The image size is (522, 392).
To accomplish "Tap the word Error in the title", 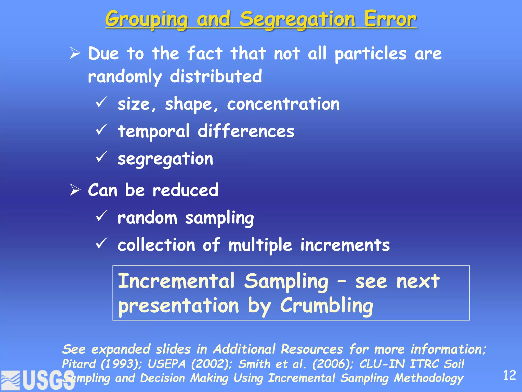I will tap(390, 19).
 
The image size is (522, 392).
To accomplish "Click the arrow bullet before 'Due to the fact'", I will tap(75, 54).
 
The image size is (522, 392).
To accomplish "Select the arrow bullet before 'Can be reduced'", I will tap(75, 190).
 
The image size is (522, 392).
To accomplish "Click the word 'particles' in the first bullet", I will tap(370, 54).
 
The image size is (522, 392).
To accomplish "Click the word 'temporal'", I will tap(154, 131).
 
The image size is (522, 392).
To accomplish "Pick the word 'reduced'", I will tap(185, 190).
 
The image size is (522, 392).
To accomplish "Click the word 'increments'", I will tap(345, 245).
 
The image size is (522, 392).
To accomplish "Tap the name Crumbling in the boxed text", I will tap(327, 305).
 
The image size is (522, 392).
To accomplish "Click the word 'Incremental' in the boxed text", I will tap(176, 281).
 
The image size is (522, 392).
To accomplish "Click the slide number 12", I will tap(509, 375).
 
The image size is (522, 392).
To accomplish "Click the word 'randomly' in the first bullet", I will tap(125, 77).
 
